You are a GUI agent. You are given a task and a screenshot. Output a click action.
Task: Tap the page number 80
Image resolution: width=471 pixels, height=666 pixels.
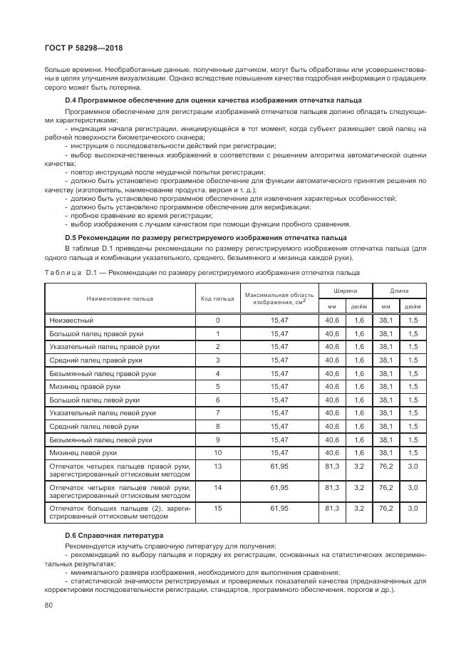(x=48, y=605)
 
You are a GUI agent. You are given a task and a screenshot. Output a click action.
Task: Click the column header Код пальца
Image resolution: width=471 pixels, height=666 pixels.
(x=217, y=298)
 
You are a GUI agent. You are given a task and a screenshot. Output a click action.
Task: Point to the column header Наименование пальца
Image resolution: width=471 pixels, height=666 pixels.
(x=120, y=298)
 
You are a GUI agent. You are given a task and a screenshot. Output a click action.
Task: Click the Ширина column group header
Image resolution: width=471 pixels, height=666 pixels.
(x=345, y=291)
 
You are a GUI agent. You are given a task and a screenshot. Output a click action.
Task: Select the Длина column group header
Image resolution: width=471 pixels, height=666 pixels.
(x=398, y=291)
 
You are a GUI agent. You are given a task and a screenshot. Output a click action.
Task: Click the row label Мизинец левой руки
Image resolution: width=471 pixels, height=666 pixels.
(x=83, y=452)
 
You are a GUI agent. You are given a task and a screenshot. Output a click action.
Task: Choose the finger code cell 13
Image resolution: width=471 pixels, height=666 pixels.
(x=217, y=465)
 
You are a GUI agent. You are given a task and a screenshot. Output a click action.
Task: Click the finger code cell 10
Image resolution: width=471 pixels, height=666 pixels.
(x=217, y=452)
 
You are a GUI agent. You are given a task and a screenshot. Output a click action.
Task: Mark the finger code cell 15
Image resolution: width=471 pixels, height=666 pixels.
(x=217, y=508)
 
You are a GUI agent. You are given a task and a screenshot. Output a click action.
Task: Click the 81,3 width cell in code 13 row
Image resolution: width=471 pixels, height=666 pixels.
(x=331, y=465)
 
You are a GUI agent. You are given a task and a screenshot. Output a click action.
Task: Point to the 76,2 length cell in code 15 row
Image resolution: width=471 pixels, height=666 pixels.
(x=385, y=508)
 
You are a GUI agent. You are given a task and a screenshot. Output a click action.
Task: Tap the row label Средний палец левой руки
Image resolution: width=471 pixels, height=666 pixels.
(x=94, y=426)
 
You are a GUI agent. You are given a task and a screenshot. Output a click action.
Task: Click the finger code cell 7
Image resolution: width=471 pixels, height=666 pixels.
(x=217, y=412)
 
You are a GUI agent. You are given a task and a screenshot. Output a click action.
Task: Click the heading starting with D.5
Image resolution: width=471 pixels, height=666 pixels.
(x=206, y=236)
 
